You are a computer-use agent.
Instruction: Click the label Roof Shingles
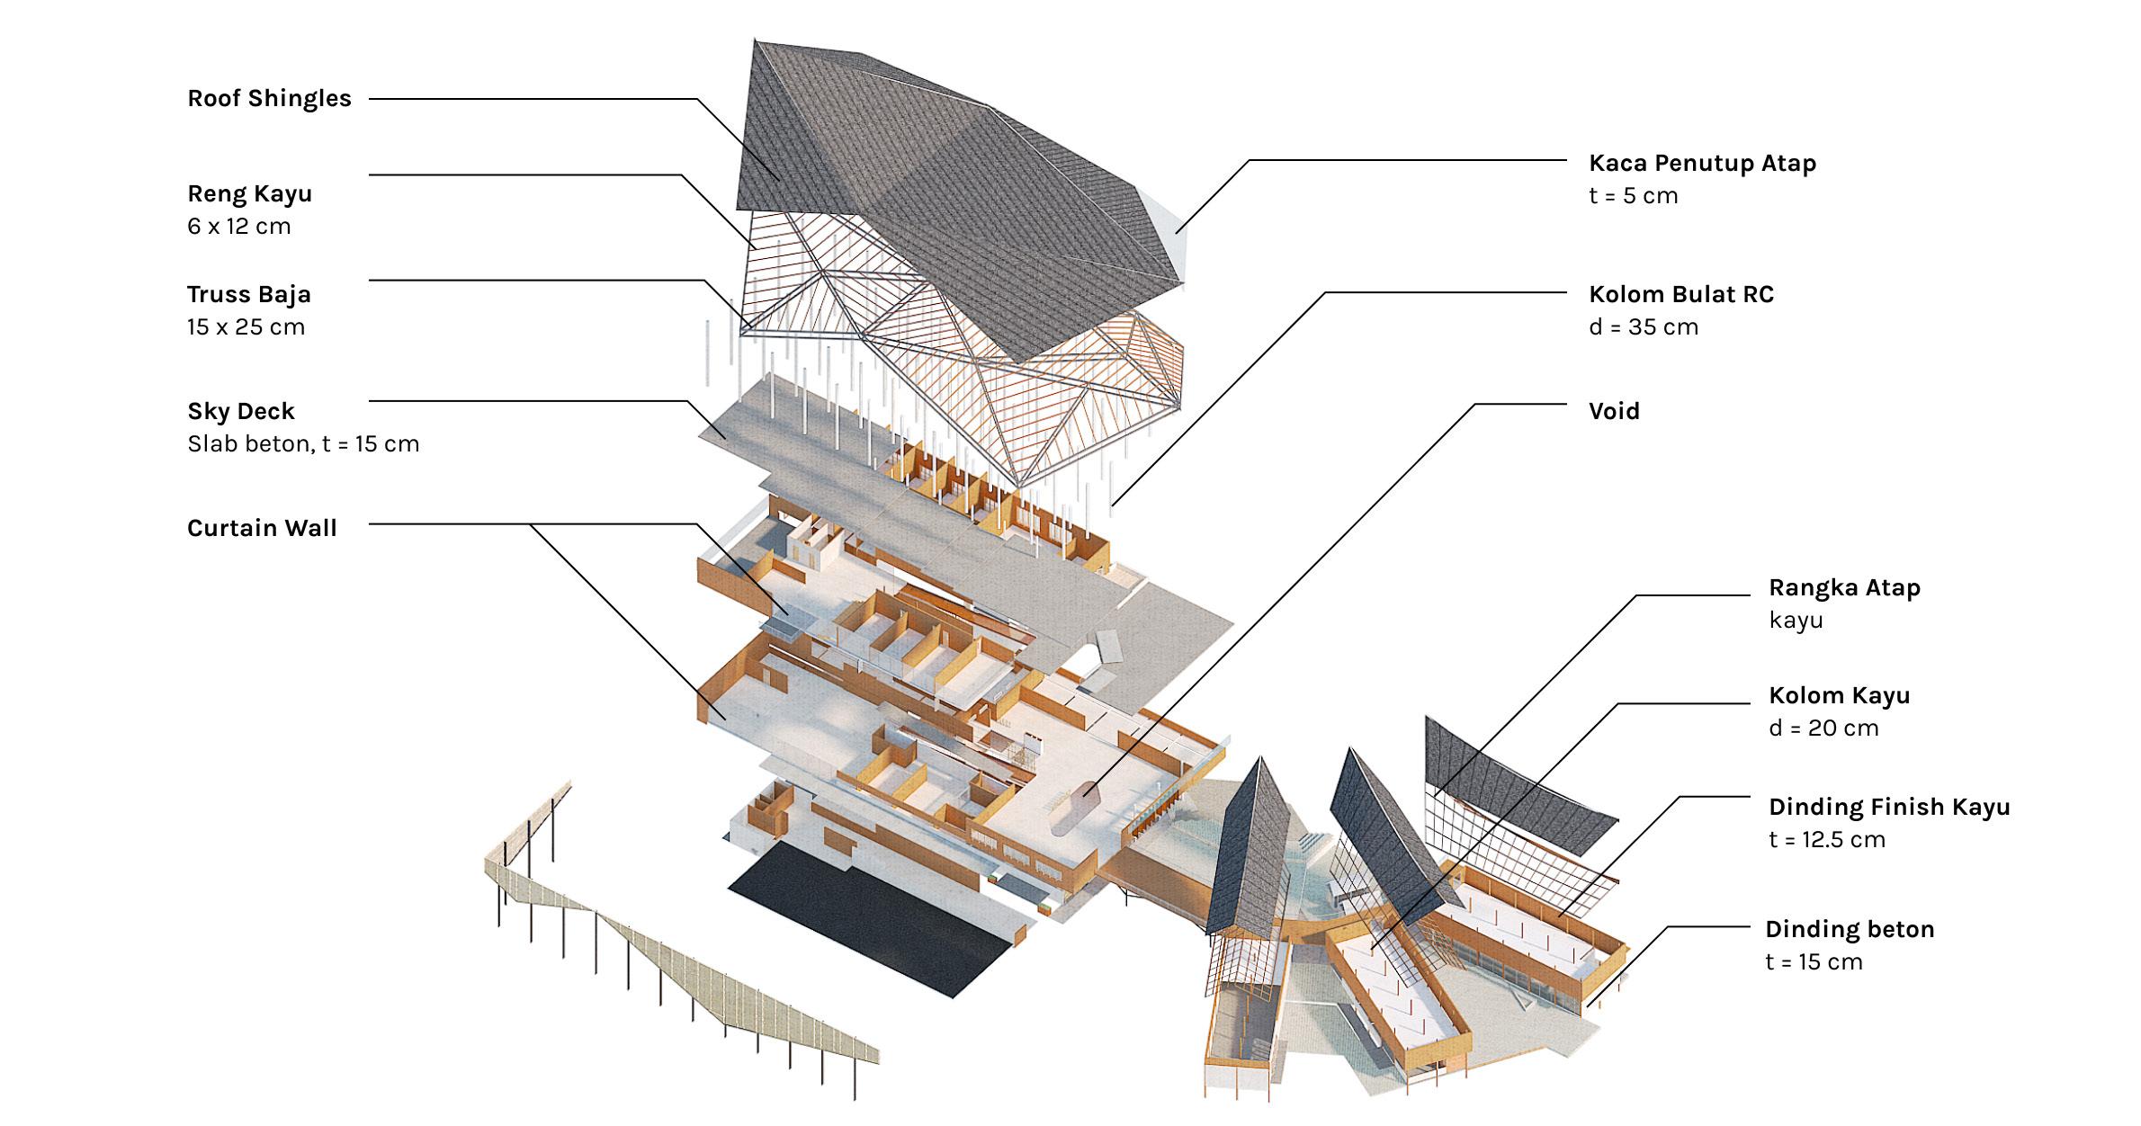(x=269, y=98)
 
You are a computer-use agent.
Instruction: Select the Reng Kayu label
(x=249, y=193)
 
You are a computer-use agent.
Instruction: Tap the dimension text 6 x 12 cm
(x=238, y=226)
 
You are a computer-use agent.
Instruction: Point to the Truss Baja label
(x=248, y=294)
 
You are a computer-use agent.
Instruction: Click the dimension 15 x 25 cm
(x=246, y=326)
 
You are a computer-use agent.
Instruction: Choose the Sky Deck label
(x=240, y=411)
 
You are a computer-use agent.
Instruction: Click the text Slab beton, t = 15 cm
(x=303, y=443)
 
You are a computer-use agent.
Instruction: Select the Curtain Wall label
(x=262, y=528)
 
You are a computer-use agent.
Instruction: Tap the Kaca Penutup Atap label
(x=1702, y=163)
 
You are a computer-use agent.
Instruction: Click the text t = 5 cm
(x=1633, y=195)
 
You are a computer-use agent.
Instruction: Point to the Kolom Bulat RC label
(x=1680, y=294)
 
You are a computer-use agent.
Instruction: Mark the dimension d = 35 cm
(x=1644, y=326)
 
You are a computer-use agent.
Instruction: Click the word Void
(x=1614, y=411)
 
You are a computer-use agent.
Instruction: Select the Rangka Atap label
(x=1844, y=587)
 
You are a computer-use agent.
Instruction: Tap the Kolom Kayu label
(x=1839, y=695)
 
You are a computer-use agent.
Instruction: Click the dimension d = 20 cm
(x=1823, y=728)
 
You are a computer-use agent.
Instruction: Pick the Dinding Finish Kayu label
(x=1889, y=807)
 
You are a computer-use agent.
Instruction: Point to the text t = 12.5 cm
(x=1826, y=839)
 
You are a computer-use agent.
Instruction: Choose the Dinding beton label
(x=1849, y=929)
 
